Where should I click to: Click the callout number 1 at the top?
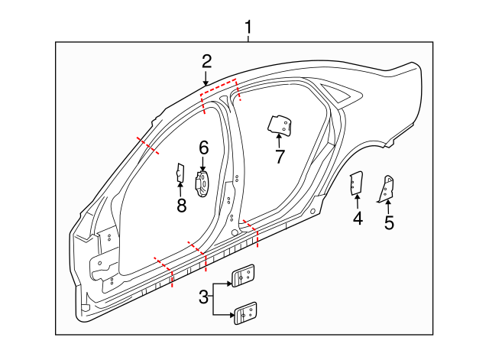[x=248, y=28]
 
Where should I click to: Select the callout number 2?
[x=206, y=61]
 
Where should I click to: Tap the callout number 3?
[x=203, y=297]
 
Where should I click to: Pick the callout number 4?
[x=358, y=219]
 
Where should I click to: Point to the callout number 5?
[x=389, y=223]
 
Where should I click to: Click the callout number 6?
[x=203, y=147]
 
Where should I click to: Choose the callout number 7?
[x=280, y=157]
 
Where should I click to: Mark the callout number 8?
[x=181, y=205]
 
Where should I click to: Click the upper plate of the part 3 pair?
[x=244, y=275]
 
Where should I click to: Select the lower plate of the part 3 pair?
[x=244, y=312]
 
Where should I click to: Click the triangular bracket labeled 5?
[x=388, y=188]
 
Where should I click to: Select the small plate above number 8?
[x=180, y=174]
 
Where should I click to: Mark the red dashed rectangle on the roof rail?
[x=220, y=92]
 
